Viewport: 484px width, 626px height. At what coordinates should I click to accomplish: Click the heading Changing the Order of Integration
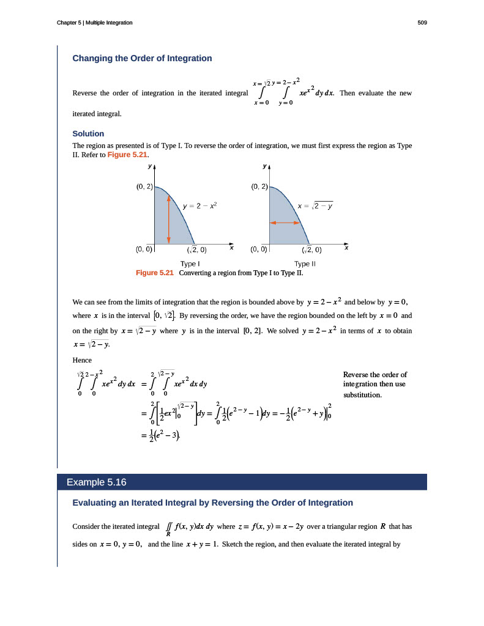point(142,59)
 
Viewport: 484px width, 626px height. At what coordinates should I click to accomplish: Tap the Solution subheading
point(88,133)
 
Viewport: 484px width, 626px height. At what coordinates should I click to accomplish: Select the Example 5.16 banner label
point(96,482)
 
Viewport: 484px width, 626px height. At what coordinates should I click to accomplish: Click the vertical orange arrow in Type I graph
point(168,218)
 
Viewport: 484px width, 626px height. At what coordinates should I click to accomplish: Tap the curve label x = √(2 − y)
point(315,206)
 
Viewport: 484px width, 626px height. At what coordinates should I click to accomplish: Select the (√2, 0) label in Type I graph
point(196,249)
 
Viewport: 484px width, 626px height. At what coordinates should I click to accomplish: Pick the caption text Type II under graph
point(305,264)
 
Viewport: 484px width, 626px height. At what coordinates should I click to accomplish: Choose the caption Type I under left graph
point(190,264)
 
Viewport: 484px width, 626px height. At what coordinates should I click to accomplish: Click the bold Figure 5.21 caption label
point(155,273)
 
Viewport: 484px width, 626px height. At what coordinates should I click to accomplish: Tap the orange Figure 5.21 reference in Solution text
point(127,155)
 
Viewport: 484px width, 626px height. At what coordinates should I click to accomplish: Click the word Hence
point(82,360)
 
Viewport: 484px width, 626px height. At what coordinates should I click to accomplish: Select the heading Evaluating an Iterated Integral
point(212,503)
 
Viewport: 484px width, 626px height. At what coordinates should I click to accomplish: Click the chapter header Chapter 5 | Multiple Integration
point(95,23)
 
